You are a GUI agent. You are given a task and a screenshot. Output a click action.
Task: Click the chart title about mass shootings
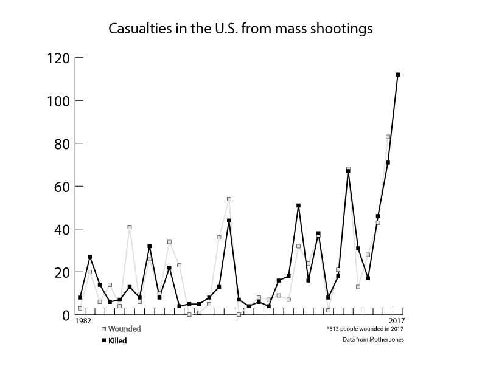(240, 29)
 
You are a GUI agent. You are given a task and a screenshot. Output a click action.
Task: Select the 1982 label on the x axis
(83, 321)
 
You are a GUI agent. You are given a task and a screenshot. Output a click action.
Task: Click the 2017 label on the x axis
(396, 321)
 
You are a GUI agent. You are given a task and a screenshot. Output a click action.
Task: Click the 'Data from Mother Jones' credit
(372, 340)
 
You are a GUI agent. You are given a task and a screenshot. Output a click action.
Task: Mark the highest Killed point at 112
(397, 75)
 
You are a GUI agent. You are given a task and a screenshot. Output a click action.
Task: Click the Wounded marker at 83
(388, 137)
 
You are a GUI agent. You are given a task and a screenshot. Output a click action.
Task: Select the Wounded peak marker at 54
(229, 199)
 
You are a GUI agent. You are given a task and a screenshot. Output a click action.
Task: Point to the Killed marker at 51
(298, 205)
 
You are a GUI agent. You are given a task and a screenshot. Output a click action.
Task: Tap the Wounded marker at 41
(130, 227)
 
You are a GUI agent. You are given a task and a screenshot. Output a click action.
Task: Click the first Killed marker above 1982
(80, 297)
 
